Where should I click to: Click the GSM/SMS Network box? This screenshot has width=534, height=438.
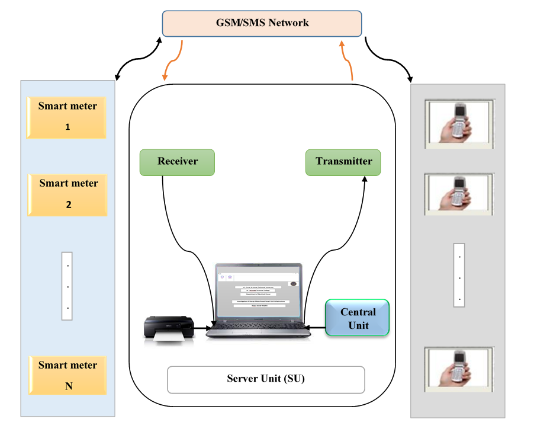(x=262, y=24)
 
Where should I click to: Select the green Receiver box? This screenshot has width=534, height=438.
(x=177, y=162)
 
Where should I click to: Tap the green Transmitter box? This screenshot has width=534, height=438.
(x=343, y=162)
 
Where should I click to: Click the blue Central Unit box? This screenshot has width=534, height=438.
(x=358, y=318)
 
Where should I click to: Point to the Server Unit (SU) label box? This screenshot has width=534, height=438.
(x=265, y=379)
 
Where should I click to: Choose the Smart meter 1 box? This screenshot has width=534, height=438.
(x=67, y=117)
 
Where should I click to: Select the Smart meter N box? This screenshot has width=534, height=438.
(x=67, y=376)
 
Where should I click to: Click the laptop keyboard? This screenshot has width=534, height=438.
(x=258, y=328)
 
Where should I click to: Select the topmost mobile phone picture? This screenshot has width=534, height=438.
(x=459, y=123)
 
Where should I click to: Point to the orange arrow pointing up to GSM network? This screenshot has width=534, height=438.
(x=348, y=59)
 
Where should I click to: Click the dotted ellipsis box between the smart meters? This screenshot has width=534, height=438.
(x=67, y=286)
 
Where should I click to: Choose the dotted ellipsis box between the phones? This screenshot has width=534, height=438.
(x=459, y=274)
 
